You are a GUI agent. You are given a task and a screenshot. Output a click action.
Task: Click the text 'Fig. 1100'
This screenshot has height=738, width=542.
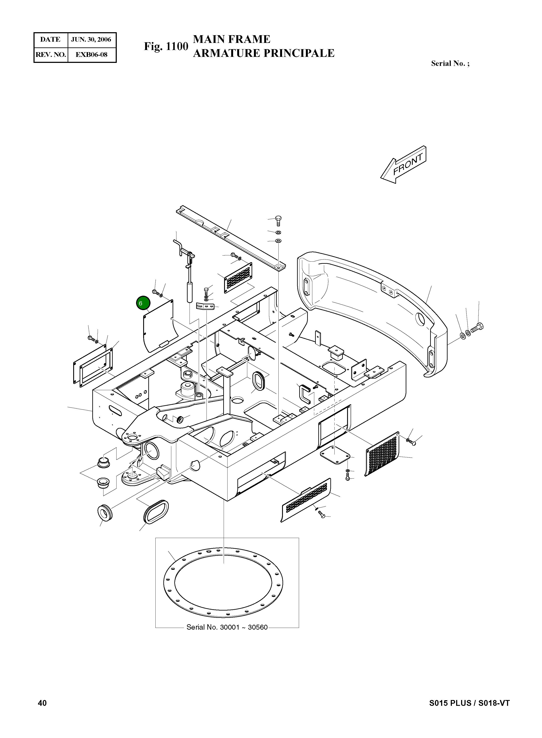click(166, 46)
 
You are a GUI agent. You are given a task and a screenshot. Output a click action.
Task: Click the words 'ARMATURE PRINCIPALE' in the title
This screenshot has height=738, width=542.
click(263, 53)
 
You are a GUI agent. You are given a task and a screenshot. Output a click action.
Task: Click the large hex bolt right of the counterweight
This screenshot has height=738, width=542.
click(477, 327)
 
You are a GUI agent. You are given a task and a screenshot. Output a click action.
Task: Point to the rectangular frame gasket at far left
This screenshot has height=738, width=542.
click(94, 366)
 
